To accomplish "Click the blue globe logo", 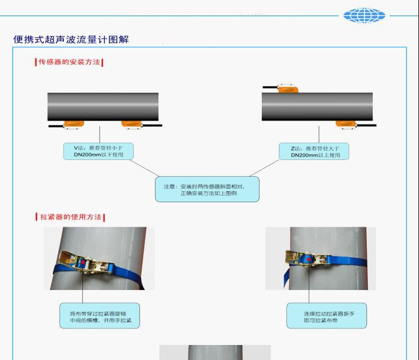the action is coord(364,15).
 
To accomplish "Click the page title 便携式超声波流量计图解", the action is coord(71,39).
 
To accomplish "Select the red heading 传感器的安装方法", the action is coord(69,62).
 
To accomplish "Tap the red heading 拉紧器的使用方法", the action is coord(71,217).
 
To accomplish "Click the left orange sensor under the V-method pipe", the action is coord(73,124).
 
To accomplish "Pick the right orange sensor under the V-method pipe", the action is coord(131,124).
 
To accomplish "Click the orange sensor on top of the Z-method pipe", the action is coord(288,88).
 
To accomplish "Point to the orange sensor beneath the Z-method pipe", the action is coord(346,124).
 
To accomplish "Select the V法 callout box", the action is coord(98,151).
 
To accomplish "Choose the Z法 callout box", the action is coord(314,151).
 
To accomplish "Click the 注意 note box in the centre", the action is coord(207,189).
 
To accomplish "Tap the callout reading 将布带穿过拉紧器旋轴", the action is coord(99,316).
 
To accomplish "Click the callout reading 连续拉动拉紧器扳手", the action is coord(327,316).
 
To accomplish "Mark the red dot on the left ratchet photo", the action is coord(83,262).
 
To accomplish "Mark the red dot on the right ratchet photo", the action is coord(308,259).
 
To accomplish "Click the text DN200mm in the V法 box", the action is coord(87,154).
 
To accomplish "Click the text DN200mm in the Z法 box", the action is coord(305,155).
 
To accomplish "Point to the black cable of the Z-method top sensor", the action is coord(271,87).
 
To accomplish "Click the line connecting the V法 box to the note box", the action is coord(144,168).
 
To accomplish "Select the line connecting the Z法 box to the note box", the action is coord(265,168).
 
